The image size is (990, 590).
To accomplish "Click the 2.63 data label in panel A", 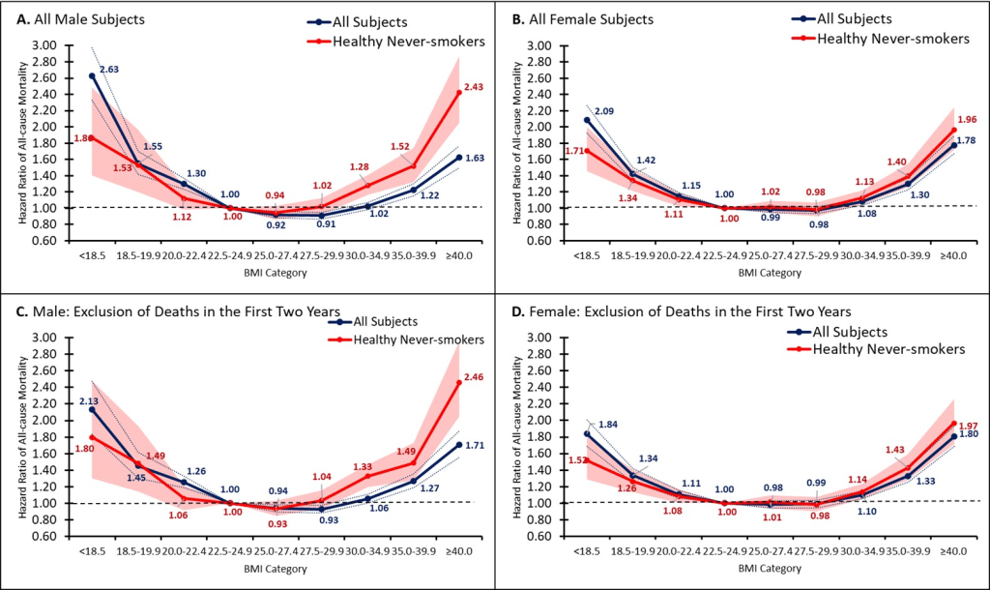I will [x=108, y=70].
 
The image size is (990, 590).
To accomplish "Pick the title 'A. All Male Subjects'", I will [x=78, y=18].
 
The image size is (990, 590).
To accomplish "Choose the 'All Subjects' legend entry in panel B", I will [x=859, y=18].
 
